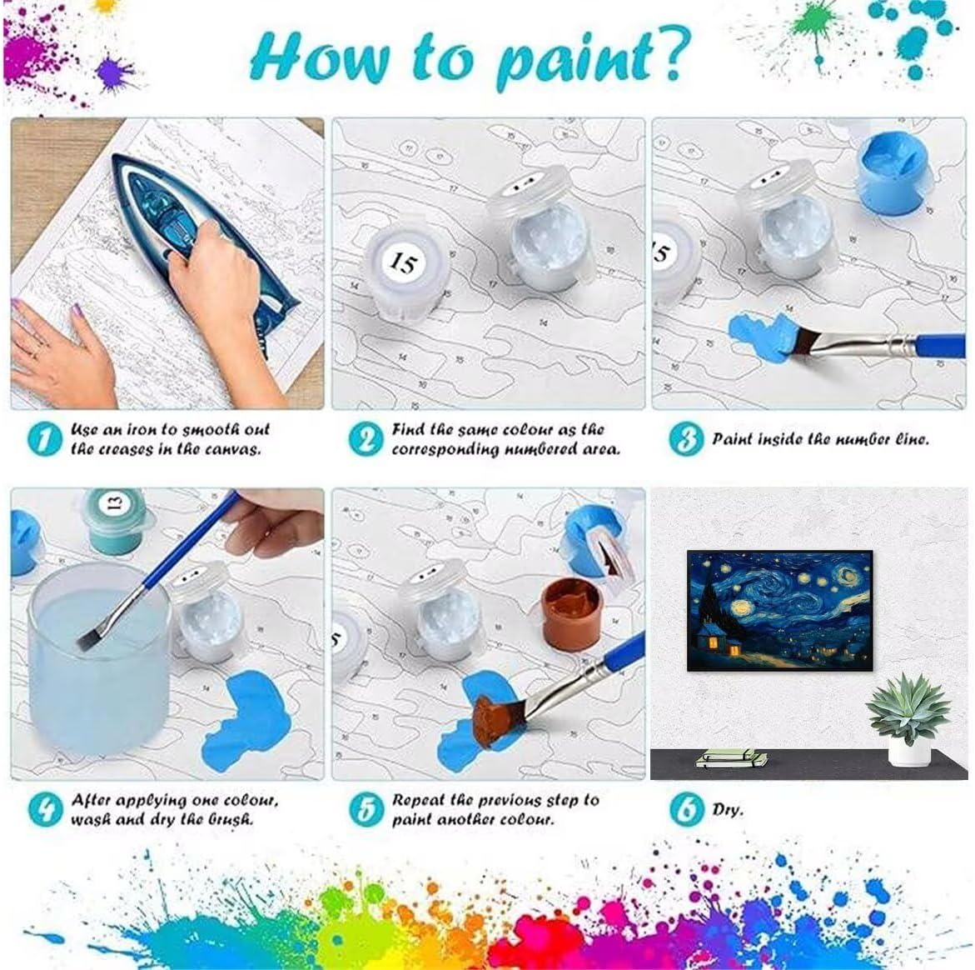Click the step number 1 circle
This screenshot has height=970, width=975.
click(x=45, y=438)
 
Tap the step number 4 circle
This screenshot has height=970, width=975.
click(x=46, y=809)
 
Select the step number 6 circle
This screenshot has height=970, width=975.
click(x=687, y=809)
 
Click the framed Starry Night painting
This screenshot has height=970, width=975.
click(x=780, y=610)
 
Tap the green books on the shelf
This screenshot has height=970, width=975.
click(x=731, y=758)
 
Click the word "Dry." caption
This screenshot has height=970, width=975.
click(x=728, y=809)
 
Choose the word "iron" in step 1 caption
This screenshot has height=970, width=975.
click(x=142, y=429)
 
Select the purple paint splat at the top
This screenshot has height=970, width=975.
click(x=115, y=72)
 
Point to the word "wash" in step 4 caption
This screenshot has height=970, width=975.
click(x=90, y=819)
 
